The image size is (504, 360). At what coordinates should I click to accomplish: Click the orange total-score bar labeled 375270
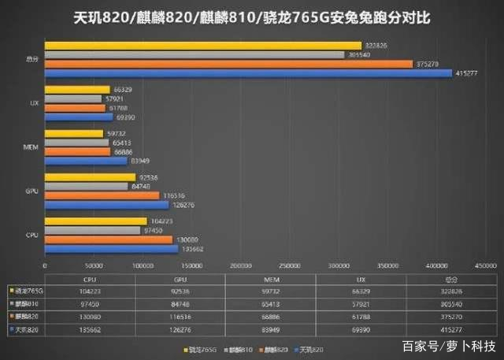point(228,64)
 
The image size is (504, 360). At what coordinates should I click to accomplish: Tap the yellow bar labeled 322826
point(203,46)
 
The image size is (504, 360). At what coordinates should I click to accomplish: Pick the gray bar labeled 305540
point(195,54)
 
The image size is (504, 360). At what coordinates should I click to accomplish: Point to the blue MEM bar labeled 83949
point(86,161)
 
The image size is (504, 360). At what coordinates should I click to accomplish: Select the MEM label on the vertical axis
point(28,147)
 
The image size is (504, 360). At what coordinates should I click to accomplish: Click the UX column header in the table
point(362,279)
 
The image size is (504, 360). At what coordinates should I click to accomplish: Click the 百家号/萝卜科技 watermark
point(449,346)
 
